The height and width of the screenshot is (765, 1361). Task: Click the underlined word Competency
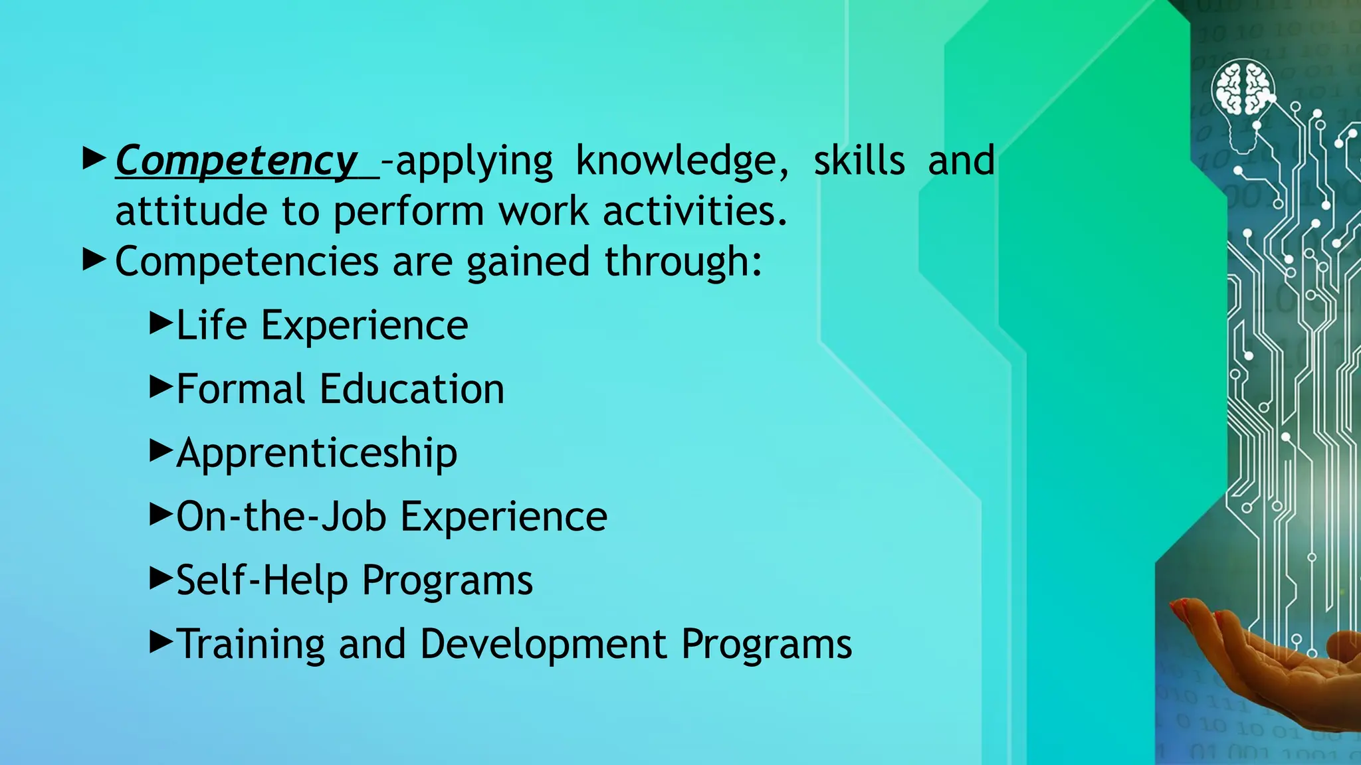click(237, 161)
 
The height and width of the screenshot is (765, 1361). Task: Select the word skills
click(859, 161)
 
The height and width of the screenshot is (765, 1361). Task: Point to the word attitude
click(191, 212)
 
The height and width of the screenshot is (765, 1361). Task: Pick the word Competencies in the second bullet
click(247, 262)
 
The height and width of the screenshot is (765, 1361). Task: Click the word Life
click(211, 325)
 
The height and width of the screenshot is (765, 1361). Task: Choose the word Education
click(412, 389)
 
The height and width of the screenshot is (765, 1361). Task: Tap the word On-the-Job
click(281, 517)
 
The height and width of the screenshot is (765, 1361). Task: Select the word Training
click(251, 644)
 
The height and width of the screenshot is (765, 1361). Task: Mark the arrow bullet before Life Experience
click(161, 323)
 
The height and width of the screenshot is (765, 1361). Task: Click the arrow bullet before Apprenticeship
click(161, 451)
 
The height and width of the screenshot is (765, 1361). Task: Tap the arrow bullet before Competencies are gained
click(94, 260)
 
